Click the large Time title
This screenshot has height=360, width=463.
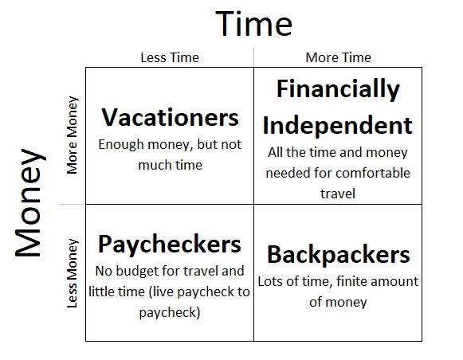[x=254, y=24]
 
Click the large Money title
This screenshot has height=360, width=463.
[x=30, y=202]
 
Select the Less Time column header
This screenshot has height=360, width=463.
[x=170, y=57]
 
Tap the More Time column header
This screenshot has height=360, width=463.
[x=338, y=57]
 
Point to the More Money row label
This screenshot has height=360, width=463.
[x=72, y=135]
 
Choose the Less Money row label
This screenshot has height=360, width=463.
[x=72, y=273]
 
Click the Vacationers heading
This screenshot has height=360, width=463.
[x=170, y=117]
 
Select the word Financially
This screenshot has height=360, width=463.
[x=338, y=89]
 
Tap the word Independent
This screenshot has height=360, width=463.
[x=338, y=125]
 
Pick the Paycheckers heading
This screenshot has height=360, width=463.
[x=170, y=245]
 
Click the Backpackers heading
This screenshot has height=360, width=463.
[x=339, y=255]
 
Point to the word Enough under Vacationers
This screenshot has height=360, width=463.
[x=121, y=145]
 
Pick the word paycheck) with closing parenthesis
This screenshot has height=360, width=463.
[x=170, y=313]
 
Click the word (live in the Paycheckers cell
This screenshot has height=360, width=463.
[x=162, y=292]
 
